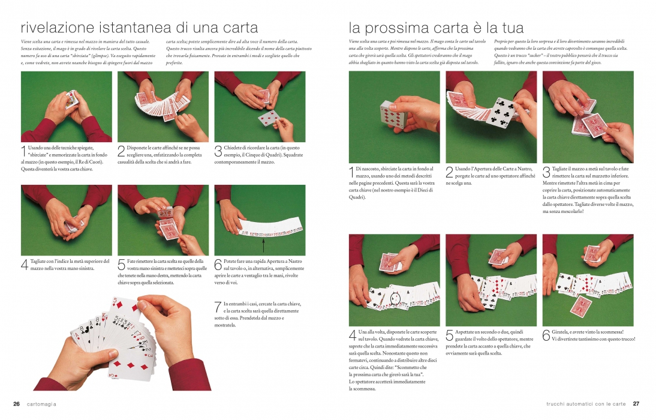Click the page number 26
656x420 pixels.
click(x=16, y=404)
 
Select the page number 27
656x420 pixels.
click(x=636, y=404)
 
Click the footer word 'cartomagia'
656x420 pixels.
click(x=41, y=404)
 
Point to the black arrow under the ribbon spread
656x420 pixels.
click(x=263, y=244)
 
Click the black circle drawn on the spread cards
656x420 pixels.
click(x=395, y=298)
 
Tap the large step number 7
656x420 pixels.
click(x=218, y=307)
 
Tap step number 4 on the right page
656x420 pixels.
click(x=352, y=335)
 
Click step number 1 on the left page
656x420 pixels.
click(x=23, y=151)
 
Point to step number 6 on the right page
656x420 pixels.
click(x=546, y=335)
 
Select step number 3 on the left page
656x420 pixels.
click(x=218, y=151)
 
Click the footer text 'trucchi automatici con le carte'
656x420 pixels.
click(x=586, y=404)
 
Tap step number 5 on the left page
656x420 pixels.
click(x=121, y=264)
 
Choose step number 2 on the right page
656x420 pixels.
click(x=449, y=172)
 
